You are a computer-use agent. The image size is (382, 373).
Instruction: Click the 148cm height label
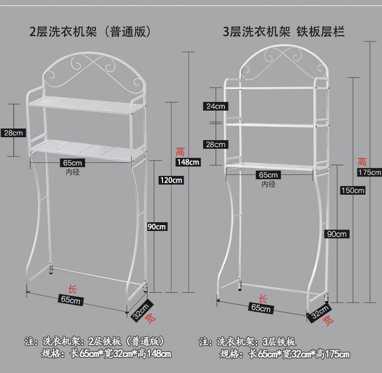coord(188,162)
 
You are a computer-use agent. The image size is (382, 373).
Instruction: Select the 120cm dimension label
coord(171,180)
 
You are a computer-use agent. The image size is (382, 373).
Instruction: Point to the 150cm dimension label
coord(352,190)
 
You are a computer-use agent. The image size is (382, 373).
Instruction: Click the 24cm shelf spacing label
coord(215,106)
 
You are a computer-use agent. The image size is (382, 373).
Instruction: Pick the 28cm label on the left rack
coord(13,133)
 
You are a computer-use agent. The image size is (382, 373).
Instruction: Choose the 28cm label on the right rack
coord(215,144)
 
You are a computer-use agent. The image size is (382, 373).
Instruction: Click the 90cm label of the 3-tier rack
coord(337,234)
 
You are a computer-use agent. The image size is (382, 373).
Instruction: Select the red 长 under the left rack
coord(72,289)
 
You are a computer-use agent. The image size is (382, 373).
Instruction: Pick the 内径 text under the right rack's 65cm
coord(268,184)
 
